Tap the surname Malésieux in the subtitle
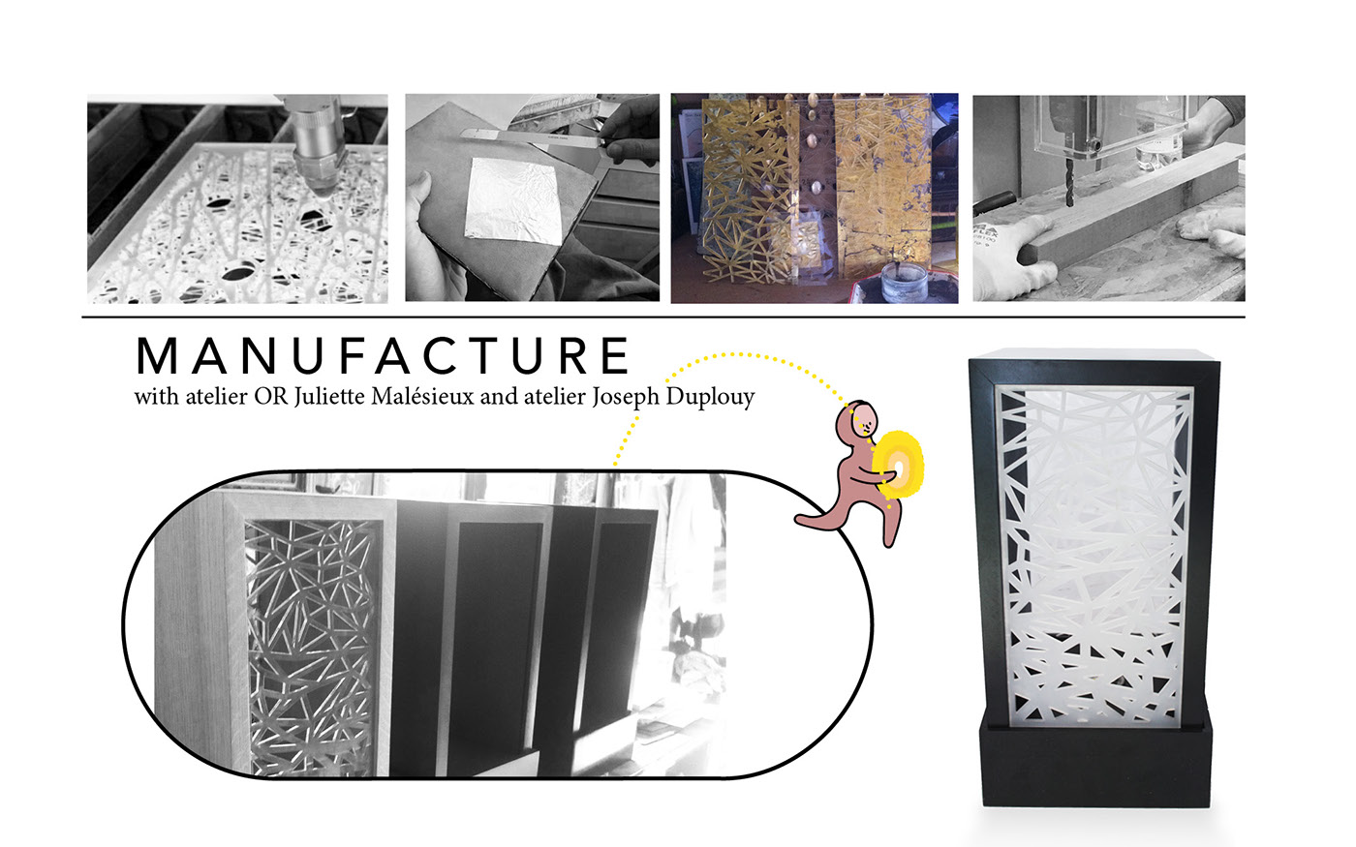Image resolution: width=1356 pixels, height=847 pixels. click(422, 397)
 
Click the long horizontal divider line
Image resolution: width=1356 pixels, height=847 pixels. click(663, 318)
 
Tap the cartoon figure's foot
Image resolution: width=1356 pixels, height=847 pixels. click(809, 521)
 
